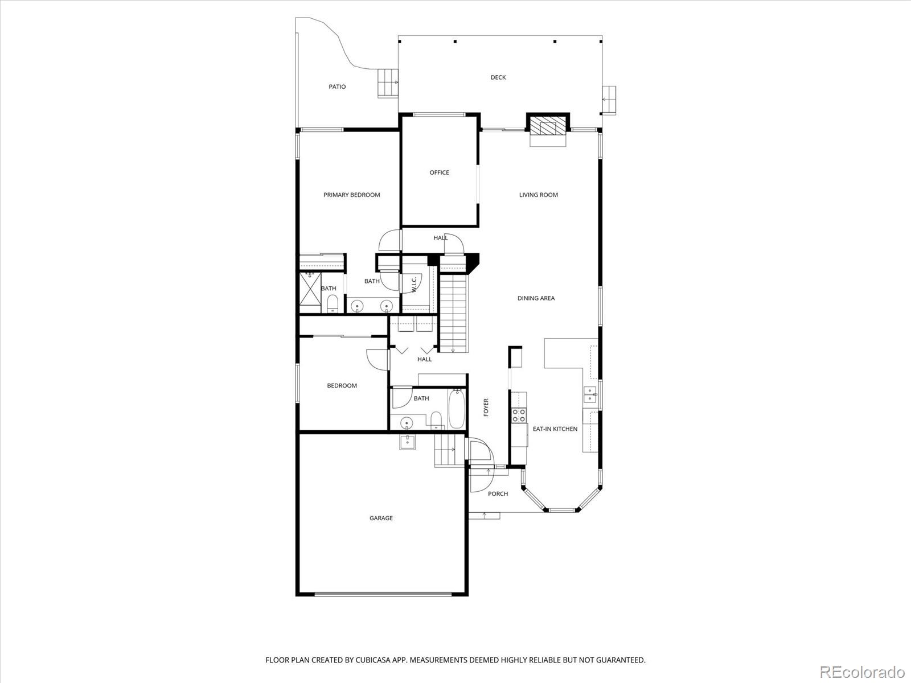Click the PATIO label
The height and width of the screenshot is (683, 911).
tap(337, 87)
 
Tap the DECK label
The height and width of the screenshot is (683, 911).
tap(498, 77)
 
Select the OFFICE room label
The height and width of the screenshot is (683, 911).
tap(439, 172)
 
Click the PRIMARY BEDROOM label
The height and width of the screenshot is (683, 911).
tap(351, 195)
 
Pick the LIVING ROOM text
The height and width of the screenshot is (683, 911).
tap(538, 195)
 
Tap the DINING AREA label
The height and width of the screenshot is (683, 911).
tap(536, 298)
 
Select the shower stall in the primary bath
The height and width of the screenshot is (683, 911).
tap(310, 292)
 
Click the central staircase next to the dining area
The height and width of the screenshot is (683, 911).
tap(453, 313)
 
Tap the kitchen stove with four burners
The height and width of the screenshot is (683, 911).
tap(519, 415)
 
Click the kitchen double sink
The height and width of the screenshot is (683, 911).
tap(589, 394)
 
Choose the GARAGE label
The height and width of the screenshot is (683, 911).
tap(381, 518)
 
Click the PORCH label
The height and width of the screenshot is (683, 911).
tap(498, 493)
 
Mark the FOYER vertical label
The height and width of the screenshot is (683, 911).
tap(486, 407)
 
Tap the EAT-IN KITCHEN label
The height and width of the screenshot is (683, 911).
tap(555, 429)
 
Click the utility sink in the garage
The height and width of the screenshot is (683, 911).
tap(407, 442)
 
